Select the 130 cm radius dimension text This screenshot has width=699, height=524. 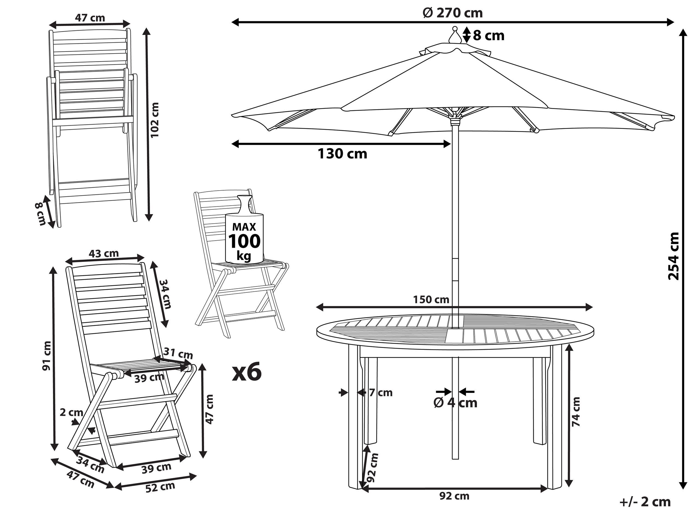tap(342, 154)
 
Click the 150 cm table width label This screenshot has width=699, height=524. tap(431, 300)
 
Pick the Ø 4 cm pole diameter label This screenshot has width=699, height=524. tap(455, 403)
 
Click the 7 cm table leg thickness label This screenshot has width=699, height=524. tap(380, 393)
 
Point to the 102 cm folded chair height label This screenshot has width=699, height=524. tap(155, 120)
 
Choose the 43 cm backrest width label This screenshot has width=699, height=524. tap(103, 253)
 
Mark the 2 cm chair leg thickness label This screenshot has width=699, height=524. tap(71, 413)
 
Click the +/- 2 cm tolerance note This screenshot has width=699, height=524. tap(645, 502)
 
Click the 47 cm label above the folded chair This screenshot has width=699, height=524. tap(90, 18)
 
